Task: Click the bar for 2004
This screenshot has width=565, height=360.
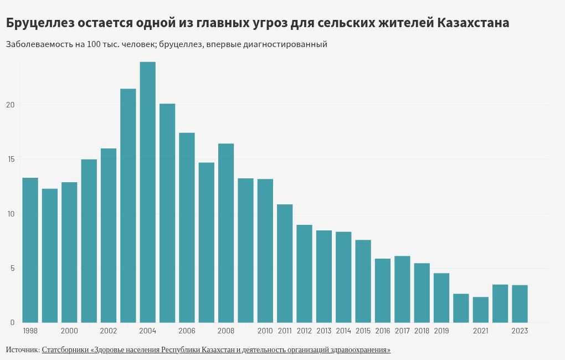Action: (x=147, y=192)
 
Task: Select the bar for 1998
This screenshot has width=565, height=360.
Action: (x=30, y=250)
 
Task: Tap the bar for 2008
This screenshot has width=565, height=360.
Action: (x=226, y=233)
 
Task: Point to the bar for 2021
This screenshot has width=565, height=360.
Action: (x=481, y=310)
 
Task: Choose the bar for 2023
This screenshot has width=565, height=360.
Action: (x=520, y=304)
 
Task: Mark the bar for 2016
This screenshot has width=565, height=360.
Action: (x=383, y=291)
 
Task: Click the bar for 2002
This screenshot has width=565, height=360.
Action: (x=109, y=235)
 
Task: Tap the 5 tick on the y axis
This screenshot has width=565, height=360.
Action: (x=12, y=269)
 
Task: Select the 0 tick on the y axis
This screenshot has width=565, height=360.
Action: (x=12, y=323)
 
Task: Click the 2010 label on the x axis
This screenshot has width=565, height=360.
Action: (x=265, y=331)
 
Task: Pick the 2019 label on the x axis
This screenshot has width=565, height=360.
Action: (x=441, y=331)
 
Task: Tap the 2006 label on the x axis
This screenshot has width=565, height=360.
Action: (x=187, y=331)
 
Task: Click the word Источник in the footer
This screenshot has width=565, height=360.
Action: (x=22, y=350)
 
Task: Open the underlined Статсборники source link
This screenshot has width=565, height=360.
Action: (x=216, y=350)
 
